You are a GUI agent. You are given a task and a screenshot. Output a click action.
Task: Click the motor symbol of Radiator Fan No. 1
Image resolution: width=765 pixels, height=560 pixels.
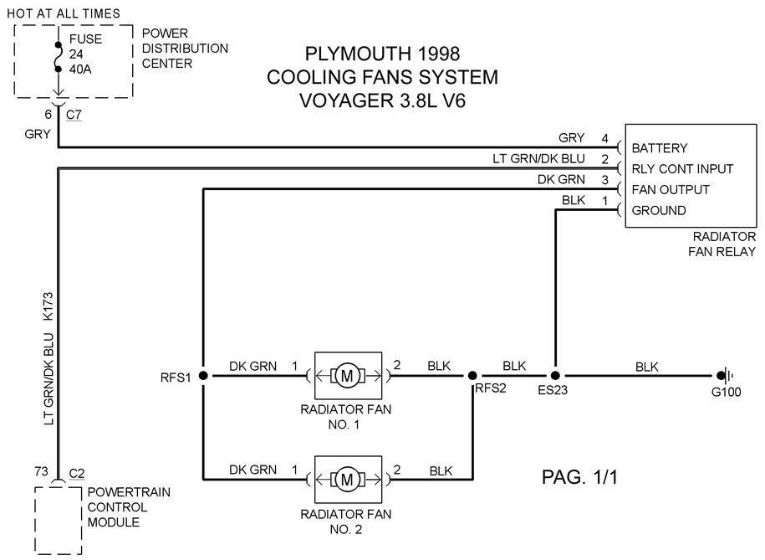coord(347,376)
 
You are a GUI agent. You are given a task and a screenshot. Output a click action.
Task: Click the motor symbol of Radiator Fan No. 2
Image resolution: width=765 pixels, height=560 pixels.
coord(347,480)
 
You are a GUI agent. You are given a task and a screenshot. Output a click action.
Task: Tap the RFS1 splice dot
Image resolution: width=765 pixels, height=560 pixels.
coord(203,375)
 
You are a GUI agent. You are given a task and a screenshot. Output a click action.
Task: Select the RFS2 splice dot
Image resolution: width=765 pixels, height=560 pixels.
coord(472,375)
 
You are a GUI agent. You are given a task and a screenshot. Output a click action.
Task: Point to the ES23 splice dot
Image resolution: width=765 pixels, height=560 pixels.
coord(555,375)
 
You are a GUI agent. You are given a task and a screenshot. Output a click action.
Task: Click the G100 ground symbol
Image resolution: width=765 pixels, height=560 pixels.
coord(725,375)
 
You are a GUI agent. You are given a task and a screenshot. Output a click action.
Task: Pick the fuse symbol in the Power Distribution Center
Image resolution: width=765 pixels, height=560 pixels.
coord(59,57)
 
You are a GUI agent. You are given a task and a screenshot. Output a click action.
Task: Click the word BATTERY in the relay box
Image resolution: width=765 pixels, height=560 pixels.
coord(659,148)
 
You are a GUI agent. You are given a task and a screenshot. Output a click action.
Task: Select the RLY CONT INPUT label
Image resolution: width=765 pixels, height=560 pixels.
coord(682,169)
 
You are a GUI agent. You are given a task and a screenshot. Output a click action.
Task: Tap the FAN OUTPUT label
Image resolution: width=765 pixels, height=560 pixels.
coord(671,190)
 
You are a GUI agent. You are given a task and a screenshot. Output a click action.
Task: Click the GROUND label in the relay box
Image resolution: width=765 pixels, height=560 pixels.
coord(659,211)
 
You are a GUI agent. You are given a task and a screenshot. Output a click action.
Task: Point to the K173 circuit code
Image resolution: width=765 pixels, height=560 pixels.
coord(48,306)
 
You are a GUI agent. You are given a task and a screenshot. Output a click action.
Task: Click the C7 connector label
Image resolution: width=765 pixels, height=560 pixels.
coord(74,115)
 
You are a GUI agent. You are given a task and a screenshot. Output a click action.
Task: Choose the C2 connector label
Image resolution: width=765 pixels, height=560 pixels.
coord(77,474)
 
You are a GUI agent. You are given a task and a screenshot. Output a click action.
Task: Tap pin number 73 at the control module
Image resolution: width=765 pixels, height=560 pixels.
coord(42,471)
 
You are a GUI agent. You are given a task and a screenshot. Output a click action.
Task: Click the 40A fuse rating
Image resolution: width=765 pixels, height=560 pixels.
coord(80,69)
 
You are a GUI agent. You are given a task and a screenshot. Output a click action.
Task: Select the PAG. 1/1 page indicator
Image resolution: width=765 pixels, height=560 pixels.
coord(579,477)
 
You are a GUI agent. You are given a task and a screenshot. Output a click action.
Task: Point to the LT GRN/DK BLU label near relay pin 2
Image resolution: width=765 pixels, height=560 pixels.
coord(538,159)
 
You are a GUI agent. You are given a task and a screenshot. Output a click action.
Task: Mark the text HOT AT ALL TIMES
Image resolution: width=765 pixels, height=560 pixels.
coord(64,13)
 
